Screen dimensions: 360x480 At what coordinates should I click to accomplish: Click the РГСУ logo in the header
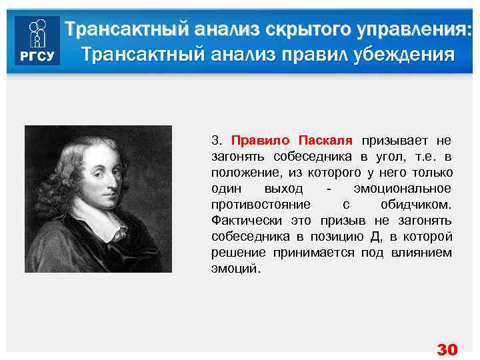point(37,41)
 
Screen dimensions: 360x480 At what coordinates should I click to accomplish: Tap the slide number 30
point(447,349)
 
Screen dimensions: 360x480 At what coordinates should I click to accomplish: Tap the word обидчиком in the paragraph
point(418,205)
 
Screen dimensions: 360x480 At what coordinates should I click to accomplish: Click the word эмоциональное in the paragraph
point(403,189)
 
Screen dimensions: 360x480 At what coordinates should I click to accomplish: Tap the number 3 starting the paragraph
point(215,141)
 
